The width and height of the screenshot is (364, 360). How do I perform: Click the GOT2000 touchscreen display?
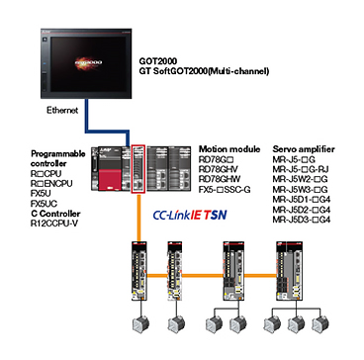coord(86,63)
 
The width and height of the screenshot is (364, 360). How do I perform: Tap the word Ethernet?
coord(62,111)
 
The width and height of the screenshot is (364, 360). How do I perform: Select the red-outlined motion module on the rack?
coord(138,168)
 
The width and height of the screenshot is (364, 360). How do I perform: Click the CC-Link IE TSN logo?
coord(190,216)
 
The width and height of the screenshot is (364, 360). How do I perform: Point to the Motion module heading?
coord(229,149)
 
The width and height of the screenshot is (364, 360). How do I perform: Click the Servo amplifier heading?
coord(304,149)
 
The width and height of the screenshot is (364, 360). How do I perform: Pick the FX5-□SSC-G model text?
coord(225,190)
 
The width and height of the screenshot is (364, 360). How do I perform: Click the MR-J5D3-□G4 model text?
coord(302,220)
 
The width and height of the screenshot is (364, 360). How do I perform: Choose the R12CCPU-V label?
coord(54,224)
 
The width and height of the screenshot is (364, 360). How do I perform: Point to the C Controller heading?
coord(55,214)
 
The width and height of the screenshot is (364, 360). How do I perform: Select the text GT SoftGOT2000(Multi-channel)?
coord(204,71)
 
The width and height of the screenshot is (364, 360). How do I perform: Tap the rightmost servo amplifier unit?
coord(289,270)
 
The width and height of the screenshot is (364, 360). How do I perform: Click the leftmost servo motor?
coord(140,324)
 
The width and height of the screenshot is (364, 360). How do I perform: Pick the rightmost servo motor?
coord(319,324)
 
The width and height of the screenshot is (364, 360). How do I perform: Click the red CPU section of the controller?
coord(106,178)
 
